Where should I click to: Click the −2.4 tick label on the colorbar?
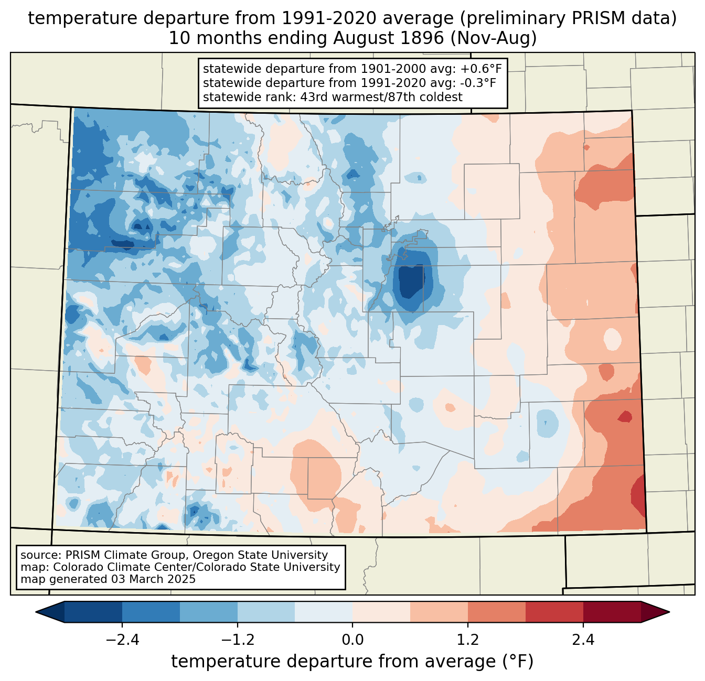(122, 640)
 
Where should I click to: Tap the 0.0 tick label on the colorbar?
(352, 640)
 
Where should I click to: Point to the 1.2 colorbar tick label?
(468, 640)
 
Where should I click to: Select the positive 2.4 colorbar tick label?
(583, 640)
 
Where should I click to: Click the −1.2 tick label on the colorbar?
(237, 640)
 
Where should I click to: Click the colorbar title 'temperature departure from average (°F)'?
(352, 662)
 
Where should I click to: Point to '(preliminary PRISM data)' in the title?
(568, 18)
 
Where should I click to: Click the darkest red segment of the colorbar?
(612, 612)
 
